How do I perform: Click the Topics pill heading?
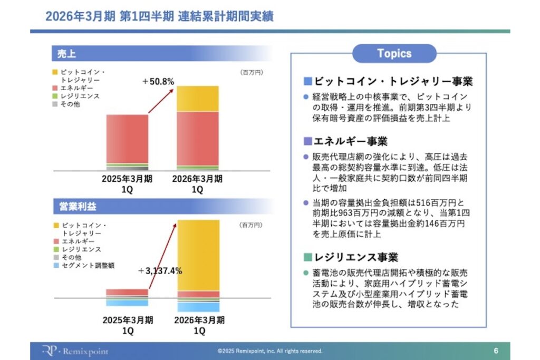pyautogui.click(x=394, y=53)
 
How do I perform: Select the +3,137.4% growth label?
pyautogui.click(x=160, y=271)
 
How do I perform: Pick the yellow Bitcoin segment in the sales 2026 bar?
pyautogui.click(x=198, y=99)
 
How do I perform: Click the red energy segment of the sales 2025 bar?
pyautogui.click(x=127, y=139)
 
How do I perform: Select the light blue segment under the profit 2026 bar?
pyautogui.click(x=198, y=306)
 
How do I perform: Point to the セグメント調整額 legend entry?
pyautogui.click(x=87, y=266)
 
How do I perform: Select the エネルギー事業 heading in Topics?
pyautogui.click(x=350, y=141)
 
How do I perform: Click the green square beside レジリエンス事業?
pyautogui.click(x=308, y=258)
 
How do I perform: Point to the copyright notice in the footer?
pyautogui.click(x=269, y=351)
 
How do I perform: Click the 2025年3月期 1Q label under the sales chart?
pyautogui.click(x=127, y=184)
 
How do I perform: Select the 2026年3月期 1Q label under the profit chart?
pyautogui.click(x=198, y=325)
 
